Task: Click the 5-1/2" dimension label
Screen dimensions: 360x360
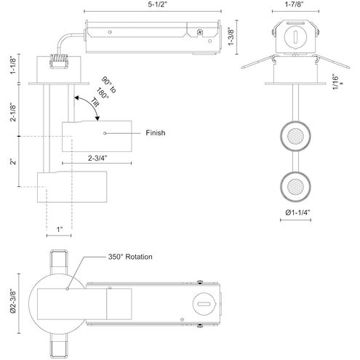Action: point(158,5)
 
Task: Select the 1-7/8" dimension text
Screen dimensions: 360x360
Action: point(294,4)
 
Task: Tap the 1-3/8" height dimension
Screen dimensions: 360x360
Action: point(231,37)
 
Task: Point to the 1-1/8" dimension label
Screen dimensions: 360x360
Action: point(13,66)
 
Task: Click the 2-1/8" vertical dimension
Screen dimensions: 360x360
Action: point(13,113)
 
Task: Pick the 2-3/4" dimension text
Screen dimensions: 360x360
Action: point(97,158)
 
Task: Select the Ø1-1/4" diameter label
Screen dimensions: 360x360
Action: point(298,212)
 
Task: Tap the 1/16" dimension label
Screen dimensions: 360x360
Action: point(335,81)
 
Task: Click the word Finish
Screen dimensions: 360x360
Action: point(156,133)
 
